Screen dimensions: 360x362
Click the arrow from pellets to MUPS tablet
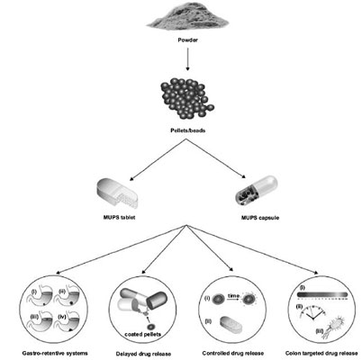[144, 158]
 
